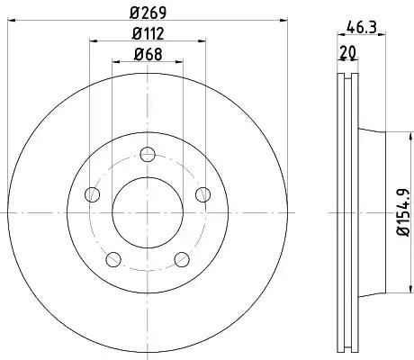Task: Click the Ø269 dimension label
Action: [x=148, y=13]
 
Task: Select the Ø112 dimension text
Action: [x=148, y=33]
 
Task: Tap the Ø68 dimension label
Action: [x=148, y=55]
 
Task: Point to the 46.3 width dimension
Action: [x=361, y=28]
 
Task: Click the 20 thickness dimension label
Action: [x=347, y=52]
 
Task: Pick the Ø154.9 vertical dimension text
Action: [x=403, y=212]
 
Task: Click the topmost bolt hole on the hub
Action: [x=148, y=155]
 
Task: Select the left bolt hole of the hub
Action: [x=92, y=194]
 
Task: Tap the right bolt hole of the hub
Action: [x=202, y=194]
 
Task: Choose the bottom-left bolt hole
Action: [x=113, y=259]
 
